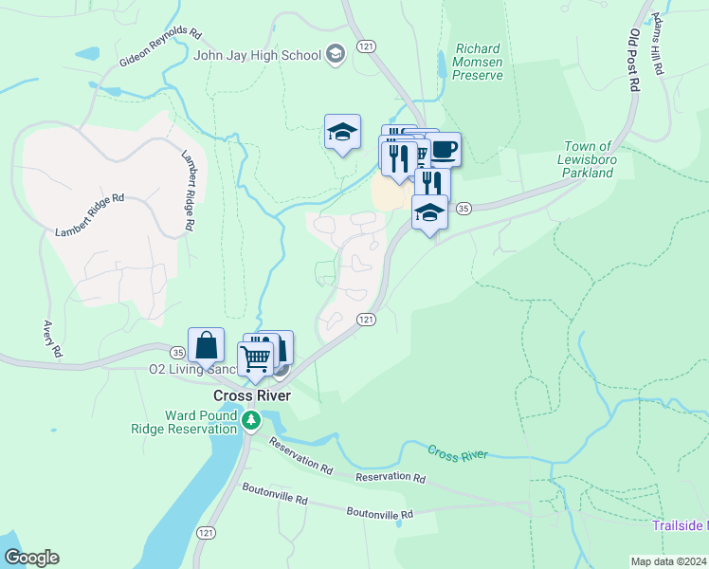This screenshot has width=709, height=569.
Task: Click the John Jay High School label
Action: [x=257, y=55]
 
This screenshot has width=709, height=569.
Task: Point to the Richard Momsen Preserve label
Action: [x=478, y=62]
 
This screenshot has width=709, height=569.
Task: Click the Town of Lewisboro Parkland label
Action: [x=600, y=159]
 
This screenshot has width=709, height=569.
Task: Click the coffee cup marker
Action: [x=445, y=148]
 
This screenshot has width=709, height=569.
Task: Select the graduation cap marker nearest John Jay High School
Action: [x=342, y=132]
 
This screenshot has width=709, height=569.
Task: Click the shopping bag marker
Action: [x=206, y=346]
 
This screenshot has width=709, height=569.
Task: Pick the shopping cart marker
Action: [x=255, y=358]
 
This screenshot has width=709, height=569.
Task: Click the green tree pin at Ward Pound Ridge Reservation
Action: [x=251, y=420]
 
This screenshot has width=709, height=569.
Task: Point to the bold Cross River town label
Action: [x=251, y=395]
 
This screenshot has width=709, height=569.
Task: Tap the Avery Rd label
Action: [x=52, y=339]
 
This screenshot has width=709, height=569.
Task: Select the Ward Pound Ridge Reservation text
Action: [x=186, y=422]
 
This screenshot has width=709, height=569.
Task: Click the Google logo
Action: [x=31, y=558]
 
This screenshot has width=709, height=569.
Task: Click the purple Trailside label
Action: [x=680, y=525]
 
